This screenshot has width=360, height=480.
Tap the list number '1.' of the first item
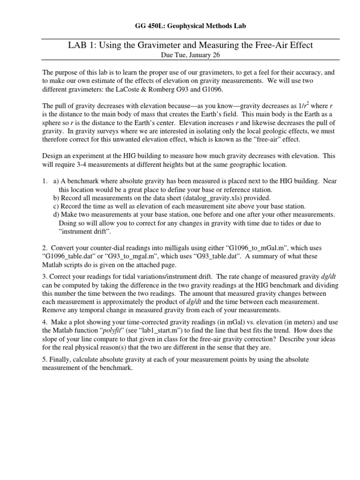click(x=45, y=181)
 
